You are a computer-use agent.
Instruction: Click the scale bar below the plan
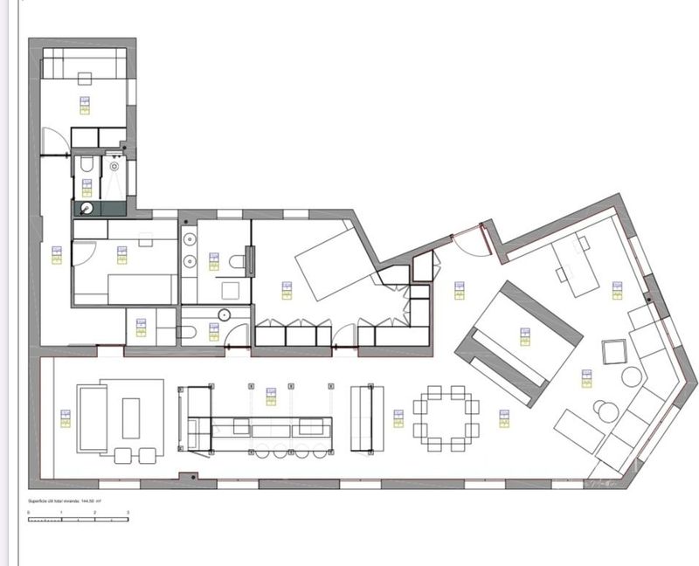click(x=78, y=519)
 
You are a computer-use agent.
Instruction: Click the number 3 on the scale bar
click(x=128, y=512)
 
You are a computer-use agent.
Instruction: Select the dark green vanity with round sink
click(x=98, y=208)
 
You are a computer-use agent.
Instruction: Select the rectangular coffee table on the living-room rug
click(x=131, y=417)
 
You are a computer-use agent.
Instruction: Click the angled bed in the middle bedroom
click(x=331, y=260)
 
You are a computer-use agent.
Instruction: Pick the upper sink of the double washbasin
click(x=190, y=239)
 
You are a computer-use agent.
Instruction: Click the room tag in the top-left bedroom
click(x=85, y=105)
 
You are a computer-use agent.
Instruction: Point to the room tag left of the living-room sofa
click(x=64, y=418)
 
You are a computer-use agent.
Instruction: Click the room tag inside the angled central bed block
click(x=525, y=336)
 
